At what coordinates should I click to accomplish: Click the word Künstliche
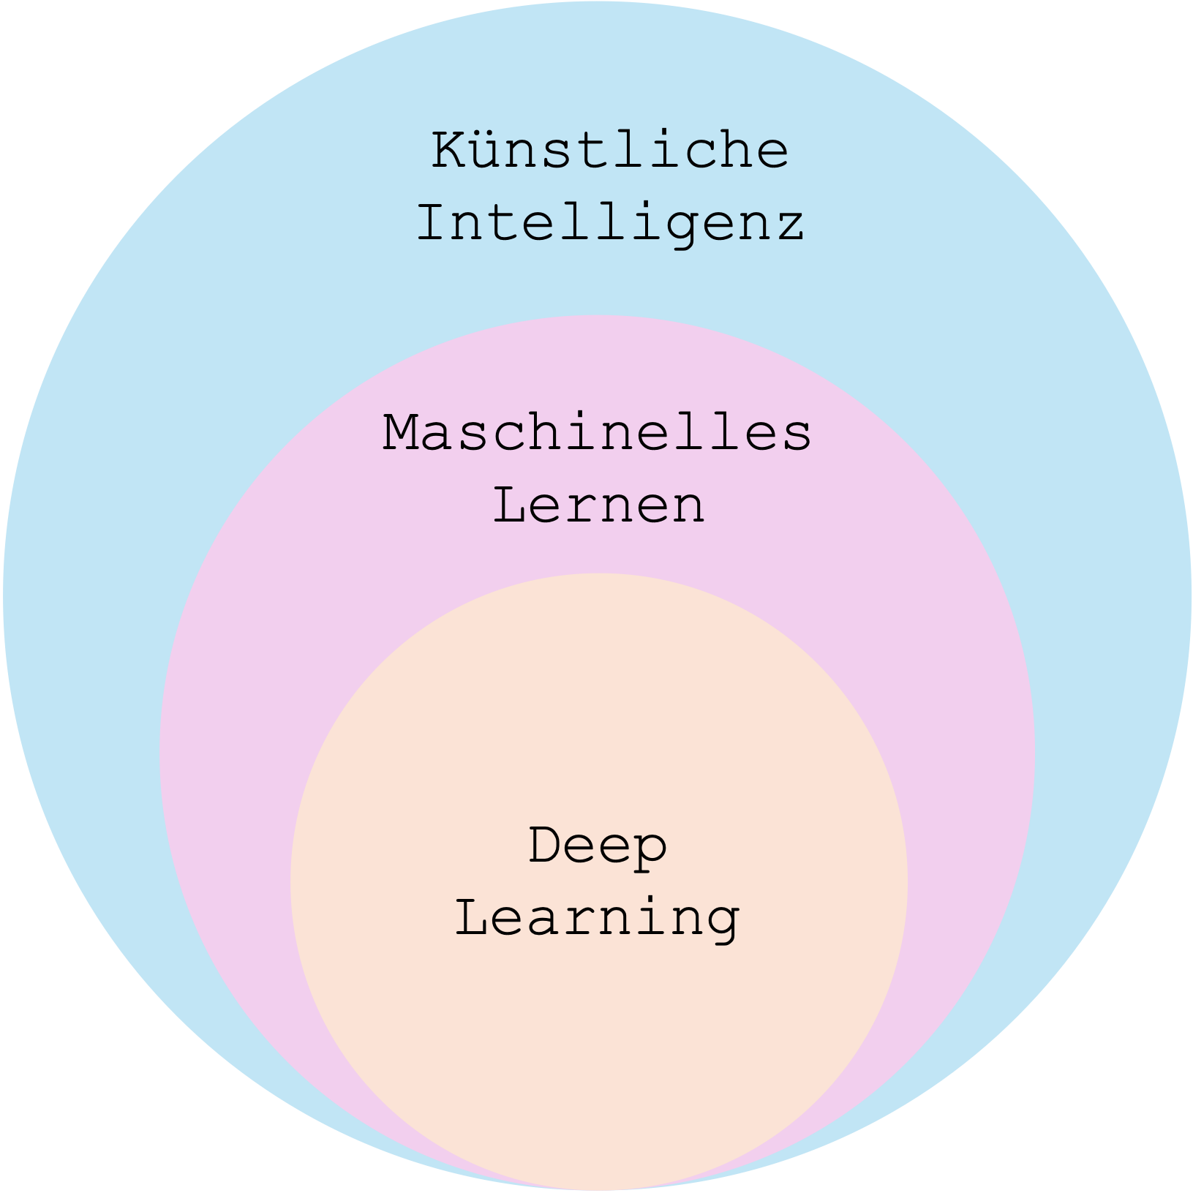610,150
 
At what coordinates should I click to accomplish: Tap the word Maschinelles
597,432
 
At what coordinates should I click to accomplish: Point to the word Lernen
599,504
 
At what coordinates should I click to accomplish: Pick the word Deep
598,847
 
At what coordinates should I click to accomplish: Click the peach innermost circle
598,1039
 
